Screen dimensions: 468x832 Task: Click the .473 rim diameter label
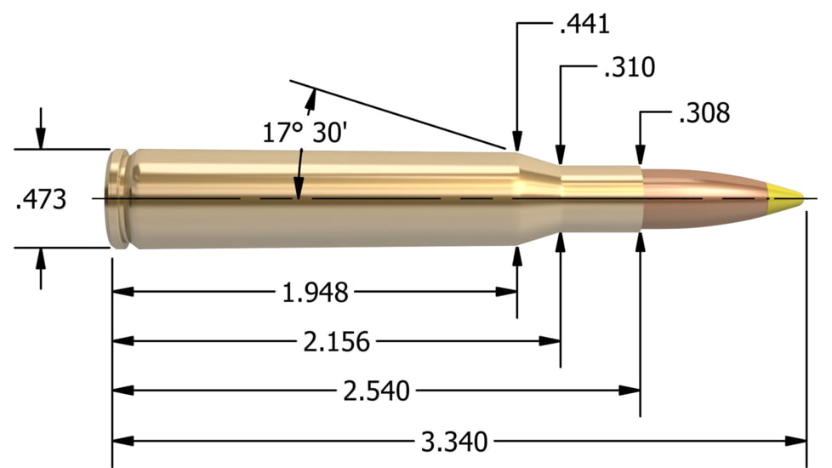point(40,200)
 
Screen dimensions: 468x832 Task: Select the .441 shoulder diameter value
point(584,24)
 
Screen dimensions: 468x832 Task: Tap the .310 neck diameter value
point(629,68)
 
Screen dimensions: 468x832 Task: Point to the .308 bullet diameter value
point(704,113)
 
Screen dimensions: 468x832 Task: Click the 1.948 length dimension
point(315,293)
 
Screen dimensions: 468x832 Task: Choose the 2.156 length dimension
point(337,342)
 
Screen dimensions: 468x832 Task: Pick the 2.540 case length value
point(376,391)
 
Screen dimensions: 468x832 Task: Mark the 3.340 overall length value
point(454,442)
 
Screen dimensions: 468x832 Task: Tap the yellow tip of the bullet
point(786,198)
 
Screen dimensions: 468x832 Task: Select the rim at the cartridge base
point(119,199)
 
